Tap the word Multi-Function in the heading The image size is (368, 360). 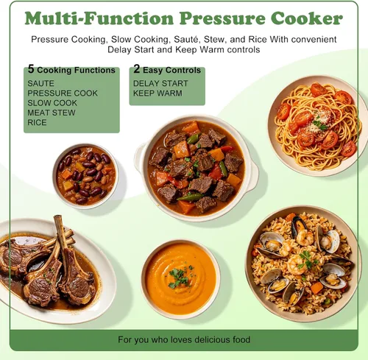click(99, 18)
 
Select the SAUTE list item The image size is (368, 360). click(40, 83)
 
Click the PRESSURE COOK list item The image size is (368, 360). click(63, 93)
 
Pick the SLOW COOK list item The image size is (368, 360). click(52, 103)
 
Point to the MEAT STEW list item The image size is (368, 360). click(52, 113)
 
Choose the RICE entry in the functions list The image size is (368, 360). click(37, 122)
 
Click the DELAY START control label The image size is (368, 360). click(160, 83)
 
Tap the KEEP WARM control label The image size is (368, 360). click(158, 93)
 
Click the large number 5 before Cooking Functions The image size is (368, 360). click(31, 69)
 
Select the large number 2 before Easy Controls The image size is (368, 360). click(137, 69)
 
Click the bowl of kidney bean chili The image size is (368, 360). click(85, 176)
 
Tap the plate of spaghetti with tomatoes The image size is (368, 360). click(316, 126)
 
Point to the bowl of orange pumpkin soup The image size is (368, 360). click(181, 279)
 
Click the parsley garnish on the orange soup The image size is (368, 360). click(179, 278)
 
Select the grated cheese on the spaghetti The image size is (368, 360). click(318, 123)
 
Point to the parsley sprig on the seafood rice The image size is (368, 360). click(307, 260)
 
